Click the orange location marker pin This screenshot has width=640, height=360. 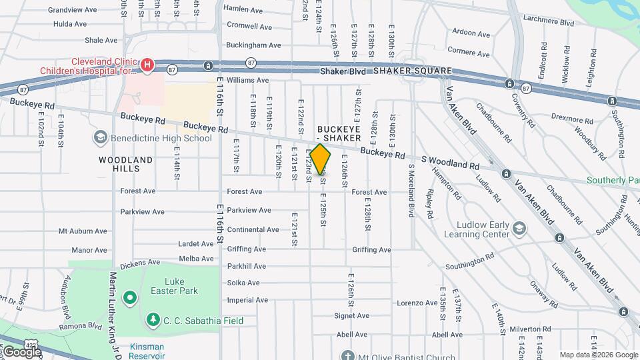pyautogui.click(x=321, y=160)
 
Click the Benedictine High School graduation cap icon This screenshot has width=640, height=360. pyautogui.click(x=101, y=138)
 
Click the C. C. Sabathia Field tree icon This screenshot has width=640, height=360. pyautogui.click(x=153, y=321)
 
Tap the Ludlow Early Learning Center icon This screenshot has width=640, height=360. pyautogui.click(x=519, y=229)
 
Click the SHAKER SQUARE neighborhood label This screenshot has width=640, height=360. pyautogui.click(x=413, y=71)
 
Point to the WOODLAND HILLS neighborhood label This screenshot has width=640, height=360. pyautogui.click(x=125, y=164)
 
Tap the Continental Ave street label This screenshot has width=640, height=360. pyautogui.click(x=253, y=229)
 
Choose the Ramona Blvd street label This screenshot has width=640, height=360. pyautogui.click(x=79, y=326)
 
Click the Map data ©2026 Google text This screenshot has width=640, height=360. pyautogui.click(x=598, y=355)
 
